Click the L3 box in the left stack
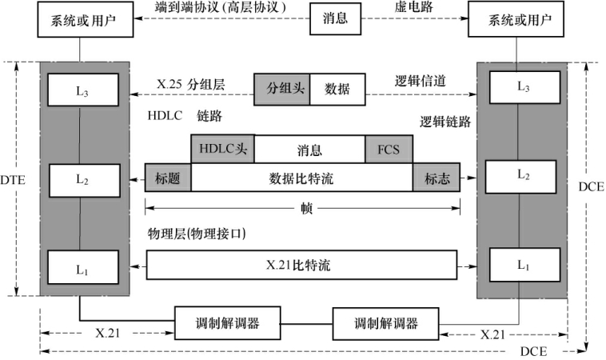tap(82, 91)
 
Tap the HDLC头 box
tap(222, 149)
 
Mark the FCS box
tap(389, 149)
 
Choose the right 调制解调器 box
tap(386, 323)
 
